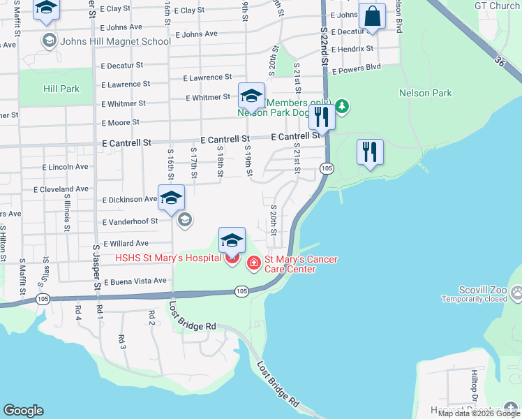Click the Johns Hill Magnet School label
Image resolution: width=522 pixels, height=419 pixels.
pyautogui.click(x=116, y=41)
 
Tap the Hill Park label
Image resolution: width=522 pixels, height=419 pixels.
pyautogui.click(x=61, y=89)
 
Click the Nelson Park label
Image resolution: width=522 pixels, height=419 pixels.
pyautogui.click(x=425, y=93)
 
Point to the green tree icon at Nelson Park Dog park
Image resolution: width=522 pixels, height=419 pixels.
pyautogui.click(x=341, y=106)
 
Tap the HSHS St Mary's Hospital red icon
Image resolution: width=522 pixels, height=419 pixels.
pyautogui.click(x=232, y=260)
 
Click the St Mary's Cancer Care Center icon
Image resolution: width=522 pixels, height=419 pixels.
pyautogui.click(x=253, y=263)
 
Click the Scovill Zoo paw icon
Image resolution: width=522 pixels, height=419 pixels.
pyautogui.click(x=517, y=294)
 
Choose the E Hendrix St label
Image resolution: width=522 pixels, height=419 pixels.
pyautogui.click(x=352, y=50)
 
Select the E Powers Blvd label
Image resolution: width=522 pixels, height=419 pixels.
pyautogui.click(x=357, y=68)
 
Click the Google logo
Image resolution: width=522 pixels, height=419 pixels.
pyautogui.click(x=23, y=411)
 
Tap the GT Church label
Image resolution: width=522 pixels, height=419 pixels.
pyautogui.click(x=497, y=6)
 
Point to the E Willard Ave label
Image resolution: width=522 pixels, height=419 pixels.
pyautogui.click(x=126, y=244)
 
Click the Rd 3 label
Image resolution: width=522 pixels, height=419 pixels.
pyautogui.click(x=122, y=341)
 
